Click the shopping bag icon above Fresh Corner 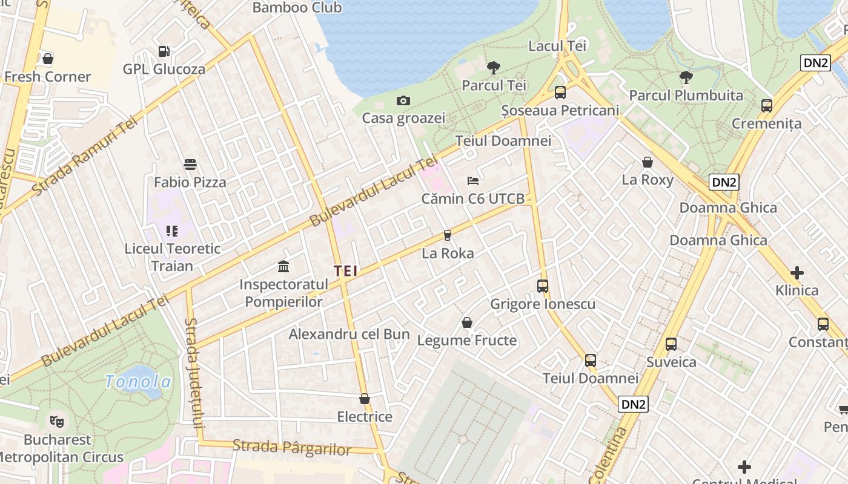(48, 59)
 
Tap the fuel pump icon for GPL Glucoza (164, 51)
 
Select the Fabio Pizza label (190, 182)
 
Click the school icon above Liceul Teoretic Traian (172, 231)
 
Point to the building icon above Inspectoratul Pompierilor (283, 266)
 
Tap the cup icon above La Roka (448, 235)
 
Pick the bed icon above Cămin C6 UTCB (473, 181)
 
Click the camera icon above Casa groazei (403, 100)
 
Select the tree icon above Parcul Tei (494, 68)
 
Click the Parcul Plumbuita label (686, 96)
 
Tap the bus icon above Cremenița (767, 106)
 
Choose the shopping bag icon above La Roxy (648, 162)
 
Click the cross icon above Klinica (797, 272)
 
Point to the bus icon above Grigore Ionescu (543, 286)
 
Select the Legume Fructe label (467, 341)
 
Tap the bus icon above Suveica (671, 344)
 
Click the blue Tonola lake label (138, 382)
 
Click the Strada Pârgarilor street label (292, 448)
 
